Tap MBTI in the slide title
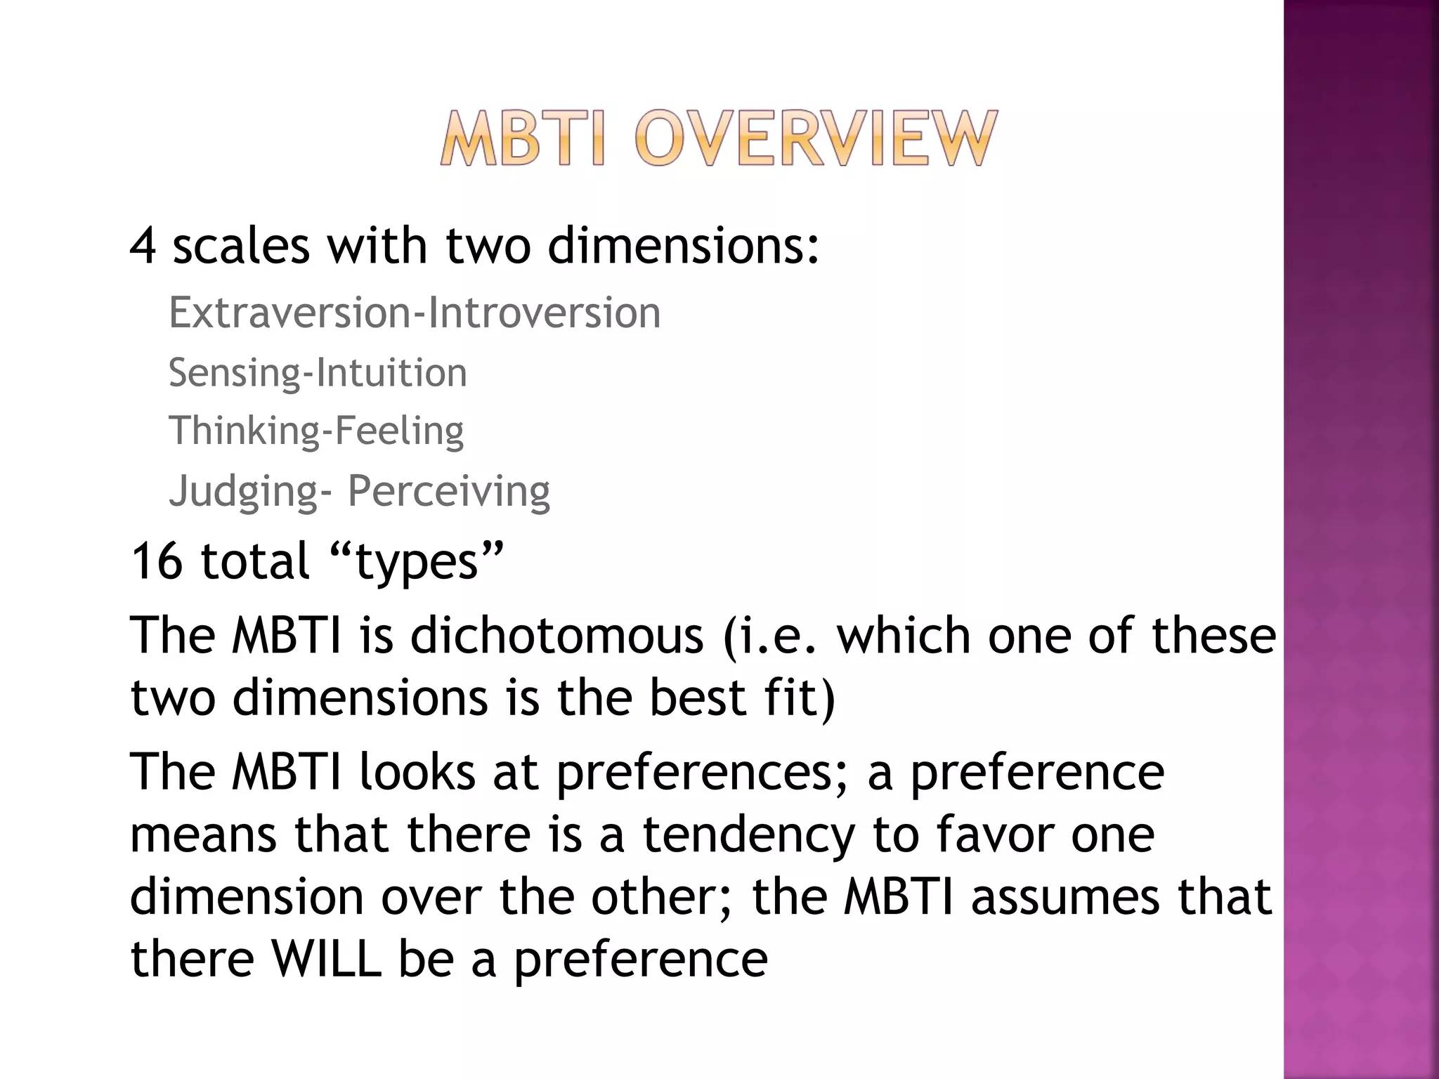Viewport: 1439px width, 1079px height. [x=521, y=138]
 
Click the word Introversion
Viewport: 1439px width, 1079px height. [x=545, y=313]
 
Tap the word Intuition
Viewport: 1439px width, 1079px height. [x=391, y=372]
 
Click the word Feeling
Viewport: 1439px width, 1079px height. [x=398, y=431]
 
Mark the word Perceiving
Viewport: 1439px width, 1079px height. [x=448, y=491]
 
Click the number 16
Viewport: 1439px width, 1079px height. [x=156, y=561]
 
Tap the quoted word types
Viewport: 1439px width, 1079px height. [x=417, y=563]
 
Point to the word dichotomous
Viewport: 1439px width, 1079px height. [x=556, y=636]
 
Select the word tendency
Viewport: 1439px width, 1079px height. [x=749, y=835]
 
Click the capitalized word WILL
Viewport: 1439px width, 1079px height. [x=327, y=959]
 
